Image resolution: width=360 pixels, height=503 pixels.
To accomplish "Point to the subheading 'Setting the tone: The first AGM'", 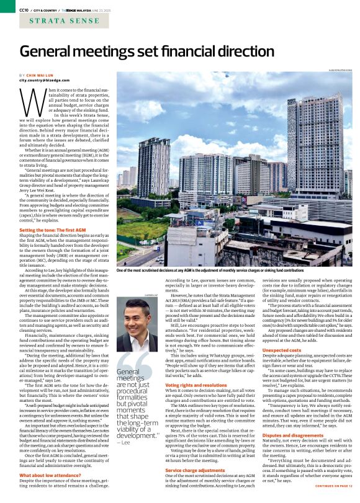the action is pos(53,231).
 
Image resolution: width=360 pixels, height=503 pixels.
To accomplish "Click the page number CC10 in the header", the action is pos(24,9).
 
